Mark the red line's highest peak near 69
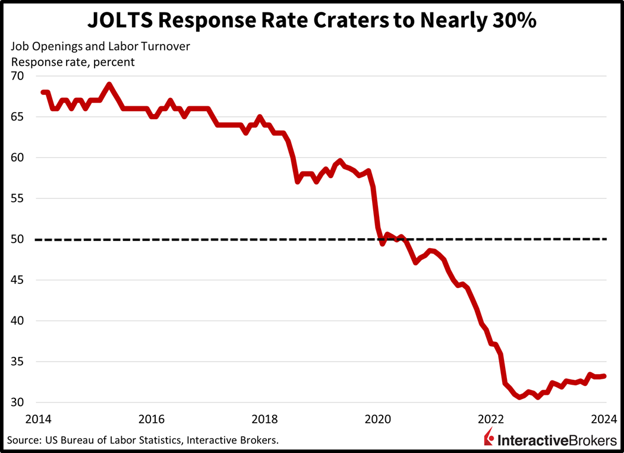109,84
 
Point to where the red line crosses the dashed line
380,239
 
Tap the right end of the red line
604,376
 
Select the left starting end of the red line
43,92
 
